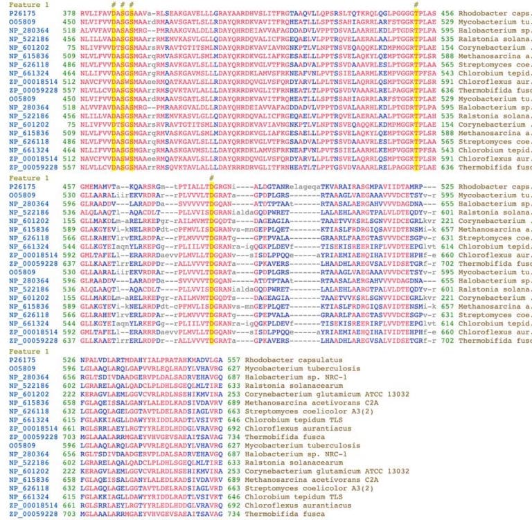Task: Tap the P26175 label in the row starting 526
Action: point(16,361)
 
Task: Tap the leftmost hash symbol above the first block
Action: point(113,4)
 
